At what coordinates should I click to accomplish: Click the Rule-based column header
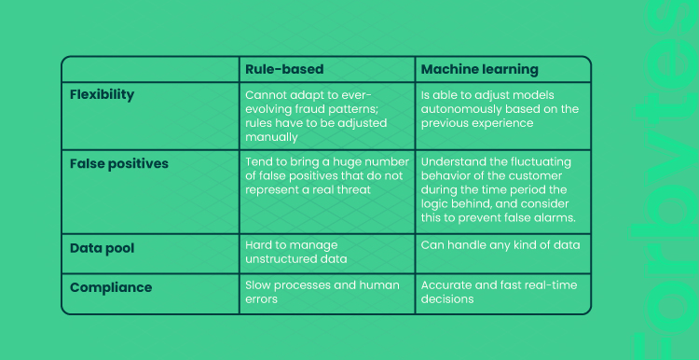pyautogui.click(x=284, y=70)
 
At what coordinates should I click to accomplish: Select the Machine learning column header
pyautogui.click(x=480, y=70)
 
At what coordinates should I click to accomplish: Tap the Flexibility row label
pyautogui.click(x=102, y=95)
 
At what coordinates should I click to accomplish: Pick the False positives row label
pyautogui.click(x=119, y=164)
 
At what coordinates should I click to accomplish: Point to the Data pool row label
pyautogui.click(x=102, y=248)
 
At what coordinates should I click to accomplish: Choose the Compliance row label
pyautogui.click(x=111, y=288)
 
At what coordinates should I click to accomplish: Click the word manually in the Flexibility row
pyautogui.click(x=271, y=137)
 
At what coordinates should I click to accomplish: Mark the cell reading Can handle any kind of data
pyautogui.click(x=500, y=245)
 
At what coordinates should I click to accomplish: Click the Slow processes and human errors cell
pyautogui.click(x=322, y=292)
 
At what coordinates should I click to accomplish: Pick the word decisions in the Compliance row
pyautogui.click(x=447, y=298)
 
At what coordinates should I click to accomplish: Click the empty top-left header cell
pyautogui.click(x=150, y=70)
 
